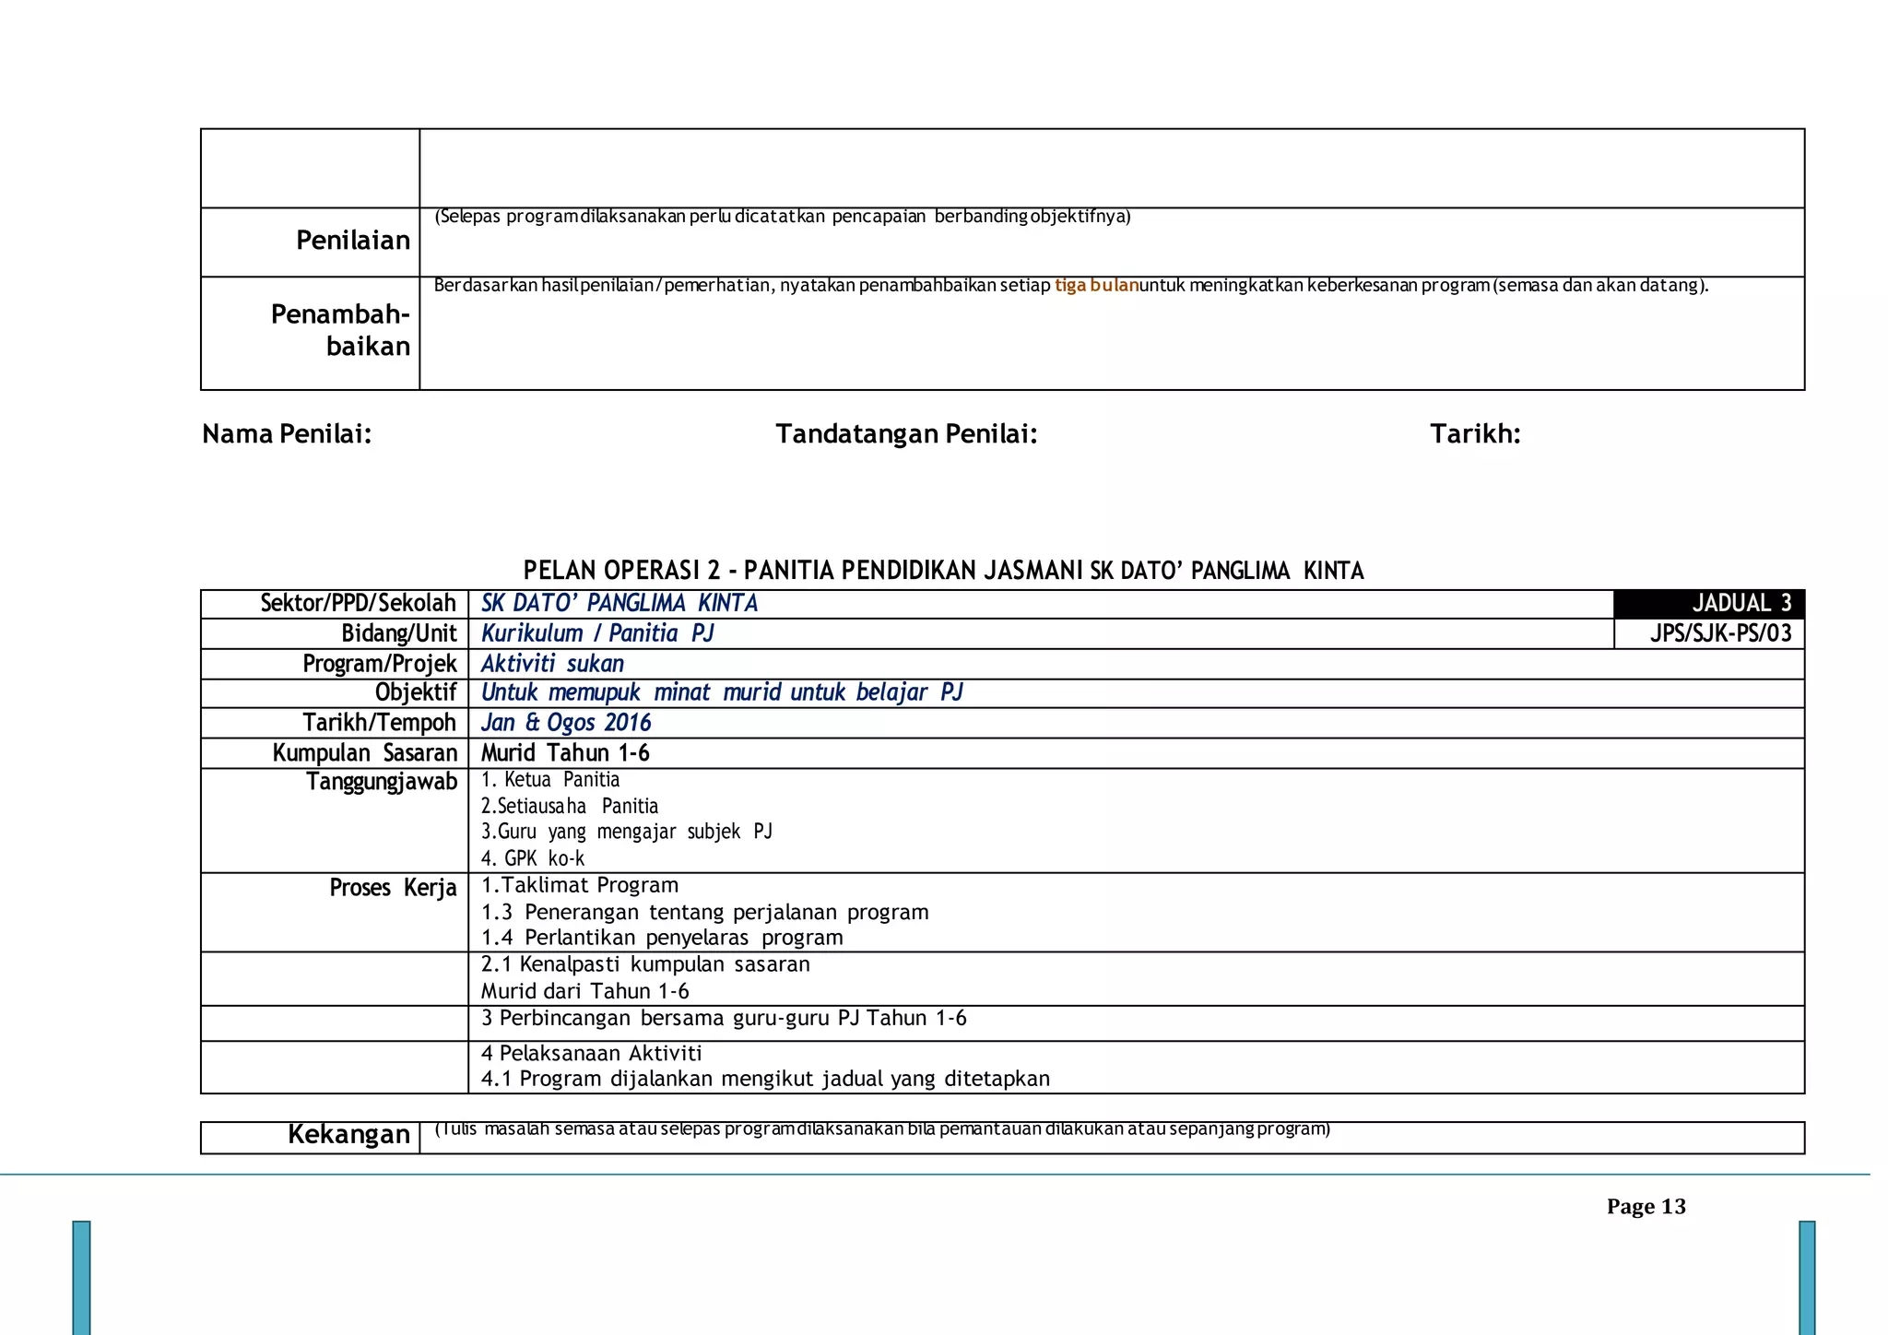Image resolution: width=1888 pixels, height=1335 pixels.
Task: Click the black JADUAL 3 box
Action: click(x=1708, y=604)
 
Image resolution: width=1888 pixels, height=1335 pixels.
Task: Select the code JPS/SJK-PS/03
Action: click(x=1720, y=633)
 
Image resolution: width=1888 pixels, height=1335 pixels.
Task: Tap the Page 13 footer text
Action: click(x=1646, y=1207)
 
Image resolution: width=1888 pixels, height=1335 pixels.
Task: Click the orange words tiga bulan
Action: click(x=1096, y=286)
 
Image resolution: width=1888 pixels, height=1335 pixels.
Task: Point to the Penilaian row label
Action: click(x=352, y=241)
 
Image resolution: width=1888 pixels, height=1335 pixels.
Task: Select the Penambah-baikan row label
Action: click(x=340, y=330)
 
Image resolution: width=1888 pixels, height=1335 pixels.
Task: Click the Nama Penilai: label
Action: click(x=287, y=434)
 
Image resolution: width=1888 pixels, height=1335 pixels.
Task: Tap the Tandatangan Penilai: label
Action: click(x=906, y=434)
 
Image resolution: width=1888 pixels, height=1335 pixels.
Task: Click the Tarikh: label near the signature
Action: click(x=1475, y=434)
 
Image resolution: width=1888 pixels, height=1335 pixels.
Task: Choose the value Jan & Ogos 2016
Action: click(x=566, y=723)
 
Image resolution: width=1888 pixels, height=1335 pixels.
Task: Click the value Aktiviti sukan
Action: click(x=552, y=664)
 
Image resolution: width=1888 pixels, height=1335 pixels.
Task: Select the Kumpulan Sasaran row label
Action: click(x=365, y=753)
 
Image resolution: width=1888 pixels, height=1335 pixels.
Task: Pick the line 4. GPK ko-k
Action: click(x=533, y=858)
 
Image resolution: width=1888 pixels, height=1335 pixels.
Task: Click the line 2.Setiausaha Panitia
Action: click(x=570, y=806)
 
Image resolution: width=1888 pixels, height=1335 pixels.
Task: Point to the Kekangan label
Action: click(x=348, y=1135)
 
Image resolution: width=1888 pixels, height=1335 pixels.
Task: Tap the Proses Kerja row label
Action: click(x=393, y=888)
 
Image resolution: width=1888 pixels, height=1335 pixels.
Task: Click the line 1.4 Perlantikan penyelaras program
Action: click(x=662, y=938)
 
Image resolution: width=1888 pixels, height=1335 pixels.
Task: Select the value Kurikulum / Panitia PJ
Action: click(x=597, y=633)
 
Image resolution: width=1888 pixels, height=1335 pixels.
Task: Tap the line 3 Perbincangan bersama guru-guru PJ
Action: click(x=724, y=1019)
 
